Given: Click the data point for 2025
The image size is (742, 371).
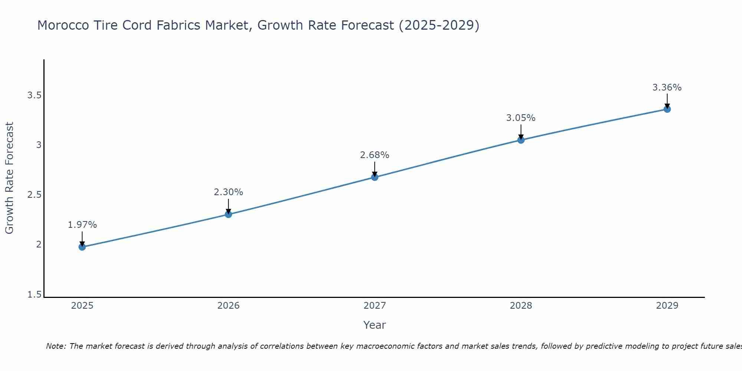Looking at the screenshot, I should pyautogui.click(x=82, y=247).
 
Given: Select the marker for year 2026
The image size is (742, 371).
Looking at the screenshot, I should pyautogui.click(x=228, y=214).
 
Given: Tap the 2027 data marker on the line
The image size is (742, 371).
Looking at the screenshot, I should pyautogui.click(x=374, y=177).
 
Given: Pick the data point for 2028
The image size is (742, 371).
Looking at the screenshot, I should pyautogui.click(x=521, y=140).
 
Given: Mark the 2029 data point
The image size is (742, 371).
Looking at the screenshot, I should pyautogui.click(x=667, y=109).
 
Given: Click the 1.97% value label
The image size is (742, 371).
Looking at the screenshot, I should pyautogui.click(x=82, y=225).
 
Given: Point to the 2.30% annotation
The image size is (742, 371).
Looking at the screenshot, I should pyautogui.click(x=228, y=192).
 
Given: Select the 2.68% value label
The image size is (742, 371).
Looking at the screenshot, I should pyautogui.click(x=374, y=155).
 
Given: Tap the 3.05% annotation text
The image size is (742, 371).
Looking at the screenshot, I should pyautogui.click(x=521, y=118).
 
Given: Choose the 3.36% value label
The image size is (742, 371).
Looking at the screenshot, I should pyautogui.click(x=667, y=88).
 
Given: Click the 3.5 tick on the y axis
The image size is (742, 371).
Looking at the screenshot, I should pyautogui.click(x=34, y=95).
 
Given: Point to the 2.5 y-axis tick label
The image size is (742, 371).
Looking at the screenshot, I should pyautogui.click(x=34, y=195).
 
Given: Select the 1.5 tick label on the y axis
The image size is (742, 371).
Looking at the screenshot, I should pyautogui.click(x=34, y=295).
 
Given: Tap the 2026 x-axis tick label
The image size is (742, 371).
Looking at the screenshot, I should pyautogui.click(x=228, y=306).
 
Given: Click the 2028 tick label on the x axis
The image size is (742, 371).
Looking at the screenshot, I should pyautogui.click(x=521, y=306).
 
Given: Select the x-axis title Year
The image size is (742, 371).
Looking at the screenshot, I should pyautogui.click(x=374, y=325).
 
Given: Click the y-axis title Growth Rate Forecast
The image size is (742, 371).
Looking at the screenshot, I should pyautogui.click(x=9, y=178).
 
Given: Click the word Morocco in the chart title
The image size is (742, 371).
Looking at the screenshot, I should pyautogui.click(x=63, y=25).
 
